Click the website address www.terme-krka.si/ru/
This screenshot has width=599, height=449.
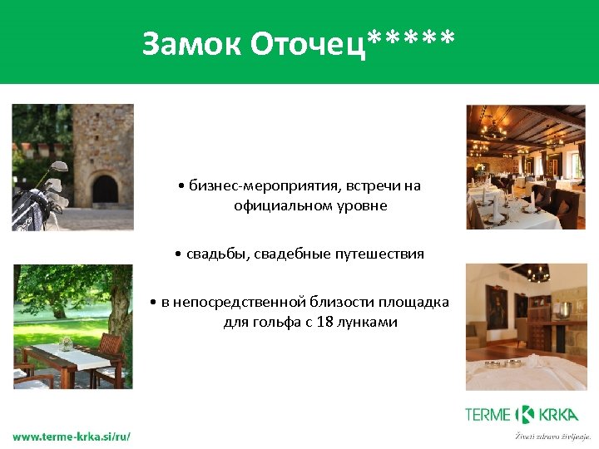[x=72, y=436]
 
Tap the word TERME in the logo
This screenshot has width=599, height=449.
[x=488, y=414]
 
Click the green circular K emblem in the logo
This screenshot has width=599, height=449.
[x=525, y=414]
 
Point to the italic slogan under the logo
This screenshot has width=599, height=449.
[x=552, y=435]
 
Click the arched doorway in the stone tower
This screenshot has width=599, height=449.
[x=105, y=190]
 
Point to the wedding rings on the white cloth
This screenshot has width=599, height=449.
[x=503, y=363]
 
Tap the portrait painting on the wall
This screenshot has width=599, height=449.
[x=496, y=311]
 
